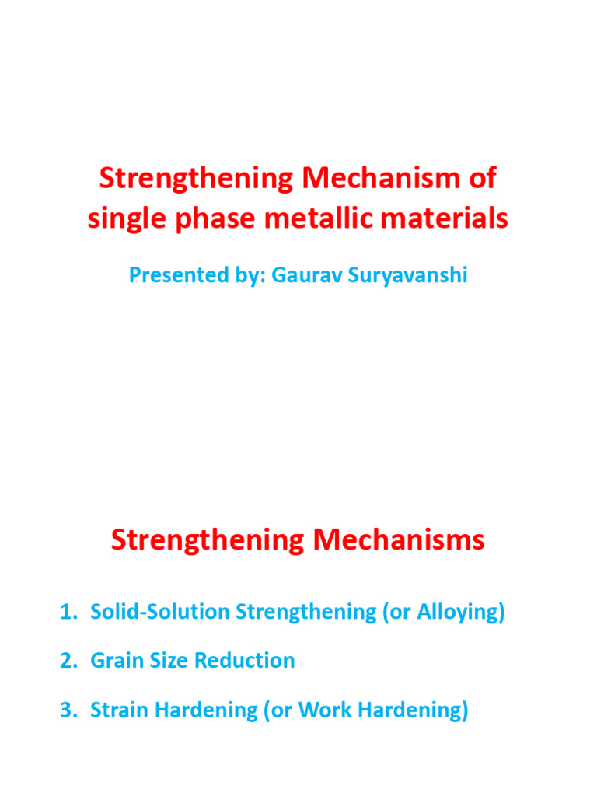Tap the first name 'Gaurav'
300,274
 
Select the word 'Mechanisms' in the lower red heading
394,539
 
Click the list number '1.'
69,612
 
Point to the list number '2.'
69,661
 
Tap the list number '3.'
69,710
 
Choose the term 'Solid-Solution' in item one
160,612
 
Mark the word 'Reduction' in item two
244,661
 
